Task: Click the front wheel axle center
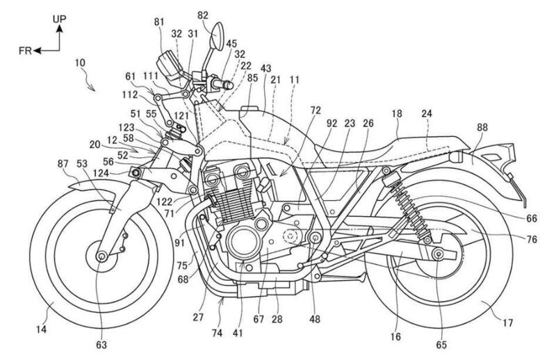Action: (x=102, y=257)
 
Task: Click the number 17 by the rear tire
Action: (x=499, y=322)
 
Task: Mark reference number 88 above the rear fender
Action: (x=482, y=128)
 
